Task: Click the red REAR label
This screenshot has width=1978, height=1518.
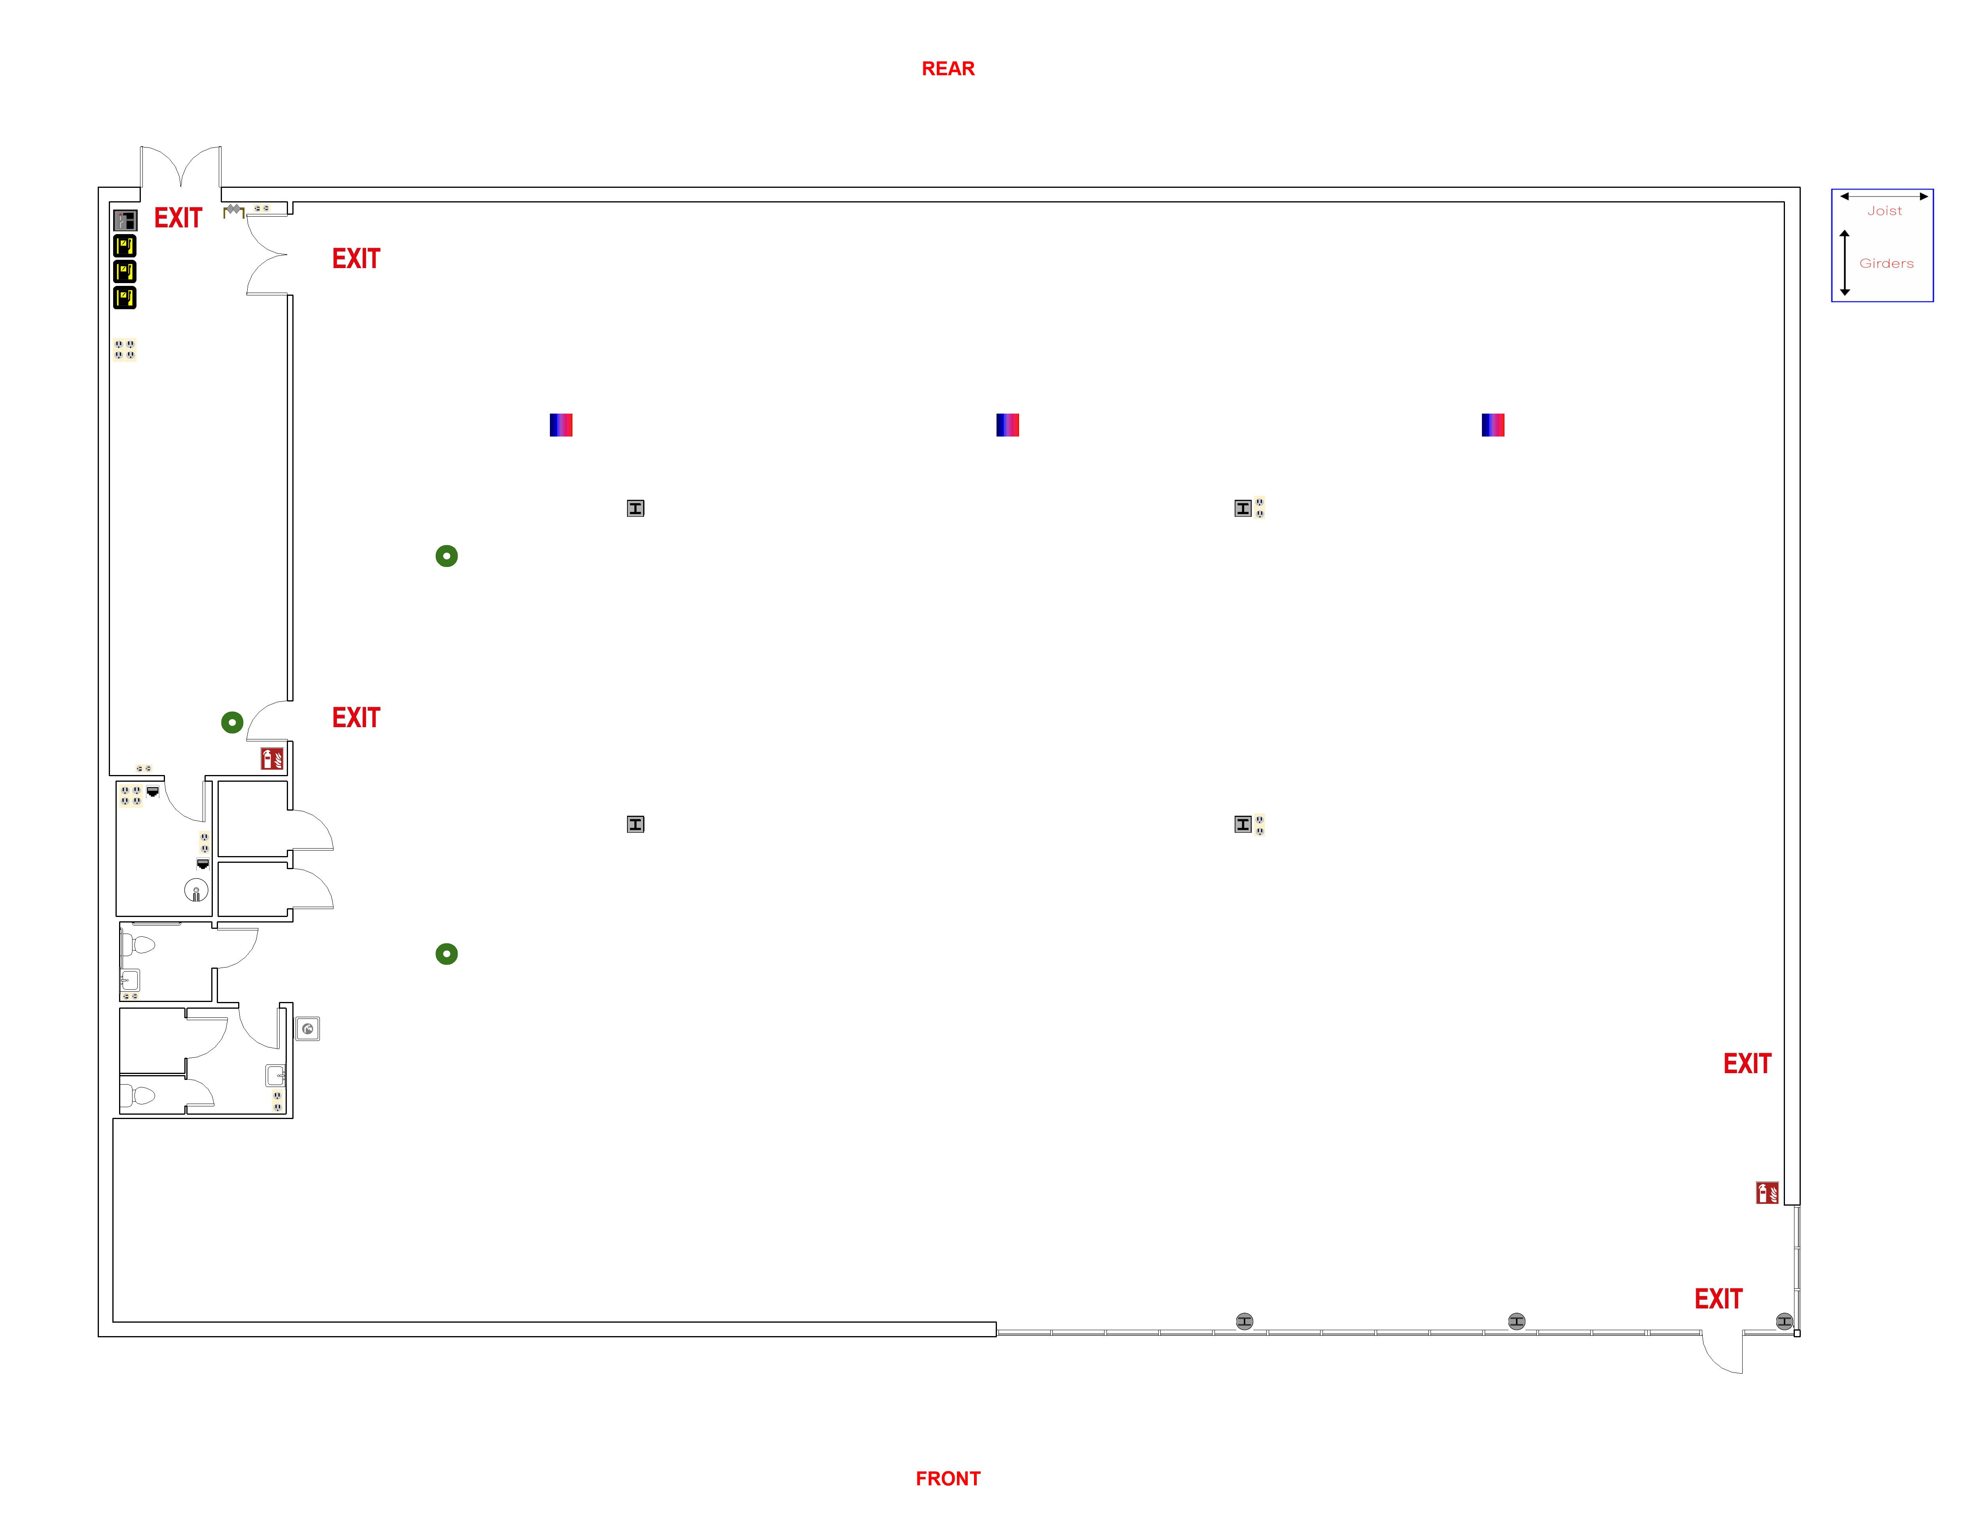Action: (947, 69)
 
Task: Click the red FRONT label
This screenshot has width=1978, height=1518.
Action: (947, 1478)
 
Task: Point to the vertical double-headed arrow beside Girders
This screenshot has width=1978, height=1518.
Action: (1844, 263)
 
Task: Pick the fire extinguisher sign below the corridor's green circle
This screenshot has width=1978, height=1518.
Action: (271, 758)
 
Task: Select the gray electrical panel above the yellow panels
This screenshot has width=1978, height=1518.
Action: (125, 219)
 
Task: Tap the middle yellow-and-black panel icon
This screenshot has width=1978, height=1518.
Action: (125, 271)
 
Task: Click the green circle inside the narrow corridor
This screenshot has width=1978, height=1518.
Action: (232, 722)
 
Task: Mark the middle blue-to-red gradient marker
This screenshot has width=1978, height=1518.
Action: (1007, 425)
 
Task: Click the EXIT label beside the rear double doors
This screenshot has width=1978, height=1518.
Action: (178, 218)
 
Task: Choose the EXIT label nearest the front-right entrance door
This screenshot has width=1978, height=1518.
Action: (1718, 1299)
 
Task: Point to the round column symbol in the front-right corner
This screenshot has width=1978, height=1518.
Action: (1784, 1321)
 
